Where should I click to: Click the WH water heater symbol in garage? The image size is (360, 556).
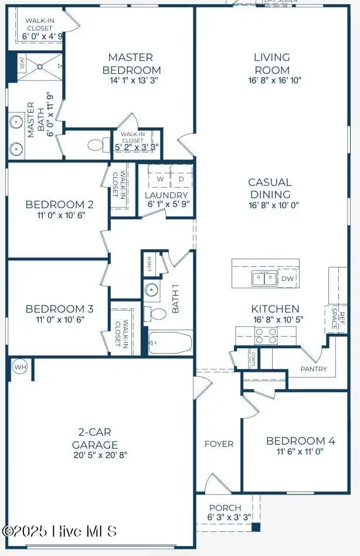[20, 368]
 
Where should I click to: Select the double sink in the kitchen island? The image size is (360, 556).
[264, 279]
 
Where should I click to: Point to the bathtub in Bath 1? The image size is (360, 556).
[170, 343]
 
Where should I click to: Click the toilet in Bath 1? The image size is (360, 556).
[156, 313]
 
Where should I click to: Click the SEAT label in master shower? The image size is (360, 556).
[22, 63]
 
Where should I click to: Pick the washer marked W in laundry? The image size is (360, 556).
[159, 178]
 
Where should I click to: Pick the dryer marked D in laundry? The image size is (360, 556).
[181, 178]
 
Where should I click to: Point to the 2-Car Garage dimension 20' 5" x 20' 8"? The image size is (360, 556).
[95, 455]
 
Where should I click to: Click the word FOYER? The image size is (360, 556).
[219, 444]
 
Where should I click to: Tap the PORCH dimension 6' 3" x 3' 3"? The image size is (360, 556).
[225, 517]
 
